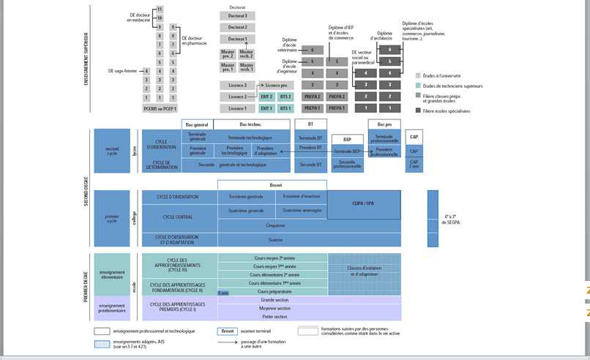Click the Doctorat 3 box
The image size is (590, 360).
(237, 15)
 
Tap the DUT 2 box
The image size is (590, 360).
(266, 97)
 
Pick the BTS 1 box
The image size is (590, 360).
(285, 108)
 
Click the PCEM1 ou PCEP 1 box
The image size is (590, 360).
(160, 108)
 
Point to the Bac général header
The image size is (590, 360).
(197, 124)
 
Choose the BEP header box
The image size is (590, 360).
(348, 139)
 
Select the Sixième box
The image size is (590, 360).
(275, 239)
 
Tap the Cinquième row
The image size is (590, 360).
(275, 225)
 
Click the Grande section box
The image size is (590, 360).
(275, 300)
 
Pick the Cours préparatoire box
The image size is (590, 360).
(275, 291)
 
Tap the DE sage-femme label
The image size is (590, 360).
(122, 71)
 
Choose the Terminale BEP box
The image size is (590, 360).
(347, 151)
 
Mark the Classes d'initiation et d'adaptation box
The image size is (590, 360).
(364, 271)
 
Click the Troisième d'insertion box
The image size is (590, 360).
(302, 196)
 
